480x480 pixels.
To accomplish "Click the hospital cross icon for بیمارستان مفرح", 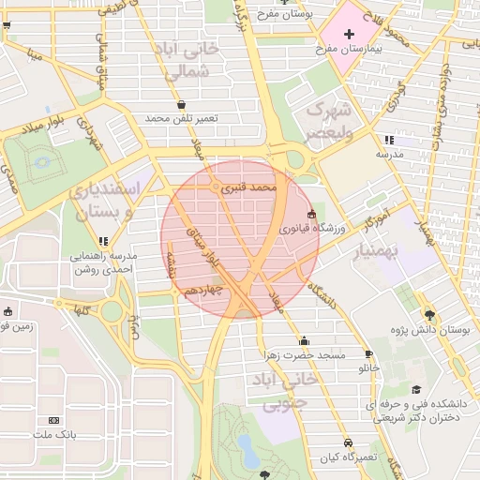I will (x=349, y=34).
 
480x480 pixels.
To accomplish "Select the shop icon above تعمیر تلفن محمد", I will (x=181, y=105).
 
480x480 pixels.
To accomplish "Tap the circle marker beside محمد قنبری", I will (x=217, y=188).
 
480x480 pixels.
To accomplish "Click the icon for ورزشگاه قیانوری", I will (x=311, y=214).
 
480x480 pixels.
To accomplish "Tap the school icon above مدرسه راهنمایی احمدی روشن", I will (x=103, y=241).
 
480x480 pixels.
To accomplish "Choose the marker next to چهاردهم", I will (x=176, y=291).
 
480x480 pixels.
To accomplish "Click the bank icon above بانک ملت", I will (x=53, y=420).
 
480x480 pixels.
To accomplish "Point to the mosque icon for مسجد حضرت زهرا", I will (x=304, y=341).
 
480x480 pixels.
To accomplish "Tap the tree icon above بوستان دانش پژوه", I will (x=429, y=315).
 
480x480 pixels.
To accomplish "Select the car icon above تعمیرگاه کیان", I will (x=348, y=442).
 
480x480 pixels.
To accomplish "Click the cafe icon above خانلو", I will (x=368, y=354).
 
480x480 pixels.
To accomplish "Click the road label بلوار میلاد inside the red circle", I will (x=205, y=246).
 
